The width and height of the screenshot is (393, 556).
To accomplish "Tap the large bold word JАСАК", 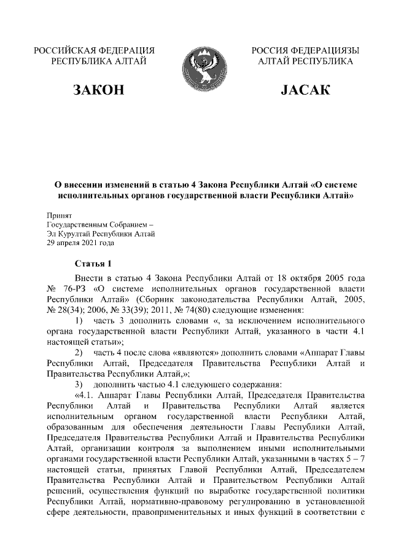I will click(x=305, y=92).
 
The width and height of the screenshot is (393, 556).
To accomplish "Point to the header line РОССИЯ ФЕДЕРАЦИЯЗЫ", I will click(x=305, y=50).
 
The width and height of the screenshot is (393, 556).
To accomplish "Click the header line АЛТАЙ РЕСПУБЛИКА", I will click(x=305, y=61).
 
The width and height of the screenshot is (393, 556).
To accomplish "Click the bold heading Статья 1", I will click(x=93, y=264).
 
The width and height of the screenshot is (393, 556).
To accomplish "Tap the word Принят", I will click(x=60, y=216).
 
